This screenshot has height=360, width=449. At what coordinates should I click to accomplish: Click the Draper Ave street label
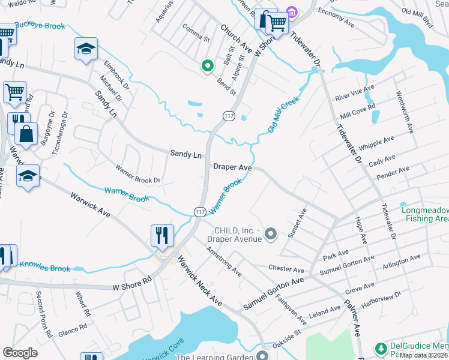(232, 167)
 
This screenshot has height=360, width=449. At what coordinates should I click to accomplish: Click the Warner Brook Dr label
(138, 173)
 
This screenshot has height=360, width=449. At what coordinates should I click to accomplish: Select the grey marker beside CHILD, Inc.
(271, 233)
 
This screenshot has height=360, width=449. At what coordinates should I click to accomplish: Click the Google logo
(20, 353)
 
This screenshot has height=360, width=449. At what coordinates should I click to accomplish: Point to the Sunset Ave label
(298, 223)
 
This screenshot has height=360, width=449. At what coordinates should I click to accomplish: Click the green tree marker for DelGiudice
(380, 347)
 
